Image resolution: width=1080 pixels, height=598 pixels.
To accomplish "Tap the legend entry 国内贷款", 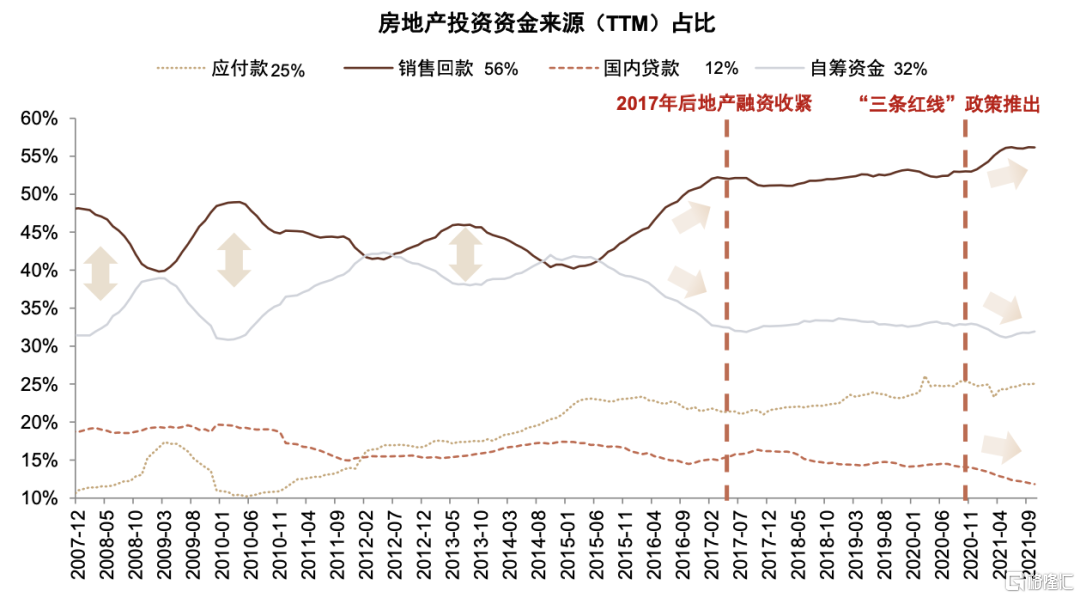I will [641, 69].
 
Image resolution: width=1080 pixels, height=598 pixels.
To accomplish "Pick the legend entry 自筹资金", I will [847, 69].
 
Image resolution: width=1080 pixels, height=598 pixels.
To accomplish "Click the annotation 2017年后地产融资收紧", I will [713, 103].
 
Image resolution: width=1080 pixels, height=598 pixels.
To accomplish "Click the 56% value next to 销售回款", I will [501, 69].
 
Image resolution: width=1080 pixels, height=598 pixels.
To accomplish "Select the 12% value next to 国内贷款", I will [721, 69].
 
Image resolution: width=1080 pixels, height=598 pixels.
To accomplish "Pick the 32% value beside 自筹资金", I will [910, 69].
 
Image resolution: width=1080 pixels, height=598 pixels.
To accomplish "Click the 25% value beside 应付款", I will [287, 70].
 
